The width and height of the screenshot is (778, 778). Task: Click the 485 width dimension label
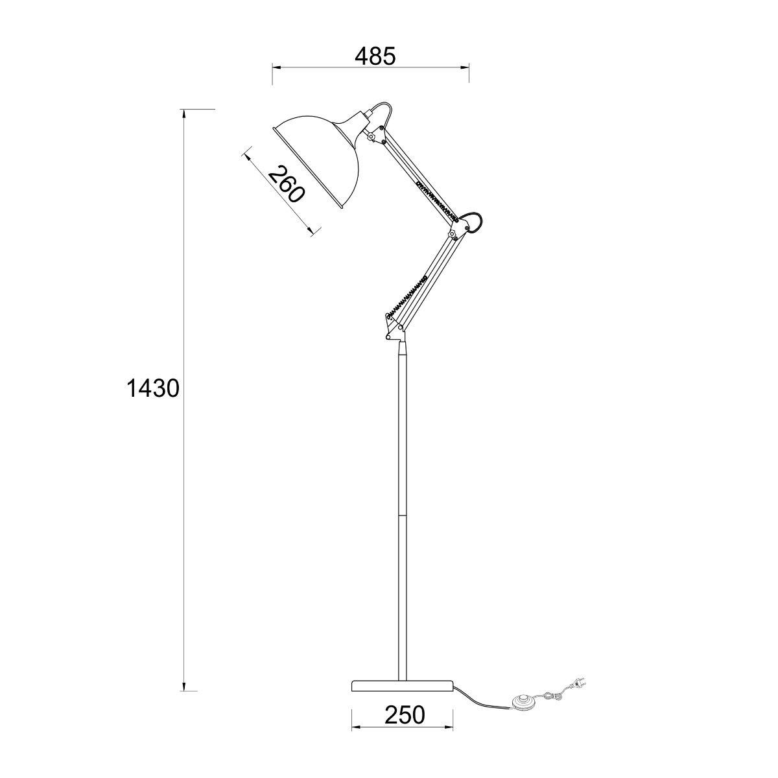pyautogui.click(x=375, y=56)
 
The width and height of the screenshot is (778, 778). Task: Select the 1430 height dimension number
pyautogui.click(x=152, y=389)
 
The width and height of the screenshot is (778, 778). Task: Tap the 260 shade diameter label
pyautogui.click(x=285, y=185)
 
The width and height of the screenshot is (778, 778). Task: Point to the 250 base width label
pyautogui.click(x=404, y=714)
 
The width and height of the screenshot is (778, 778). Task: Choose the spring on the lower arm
pyautogui.click(x=407, y=296)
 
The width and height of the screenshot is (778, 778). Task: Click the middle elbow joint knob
pyautogui.click(x=453, y=235)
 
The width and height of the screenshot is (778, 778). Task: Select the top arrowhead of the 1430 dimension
pyautogui.click(x=184, y=113)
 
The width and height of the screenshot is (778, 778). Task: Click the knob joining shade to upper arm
pyautogui.click(x=371, y=137)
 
